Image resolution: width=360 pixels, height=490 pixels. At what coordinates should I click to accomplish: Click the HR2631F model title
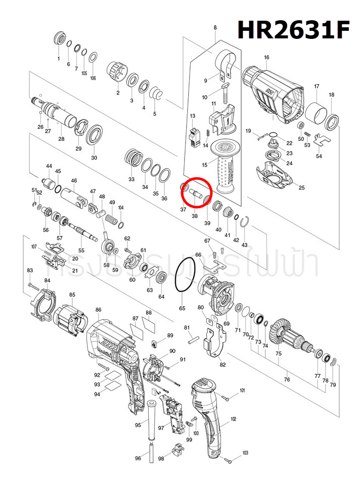[x=294, y=30]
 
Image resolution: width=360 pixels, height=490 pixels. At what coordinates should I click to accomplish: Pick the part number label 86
[x=98, y=310]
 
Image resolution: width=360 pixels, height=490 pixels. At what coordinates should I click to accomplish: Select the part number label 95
[x=138, y=426]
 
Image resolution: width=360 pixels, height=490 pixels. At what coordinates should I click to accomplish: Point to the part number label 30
[x=94, y=158]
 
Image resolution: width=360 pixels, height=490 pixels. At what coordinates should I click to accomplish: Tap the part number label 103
[x=246, y=453]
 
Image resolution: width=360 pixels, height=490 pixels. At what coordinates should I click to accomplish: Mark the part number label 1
[x=59, y=59]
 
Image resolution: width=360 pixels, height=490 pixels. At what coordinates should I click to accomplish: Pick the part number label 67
[x=207, y=240]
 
